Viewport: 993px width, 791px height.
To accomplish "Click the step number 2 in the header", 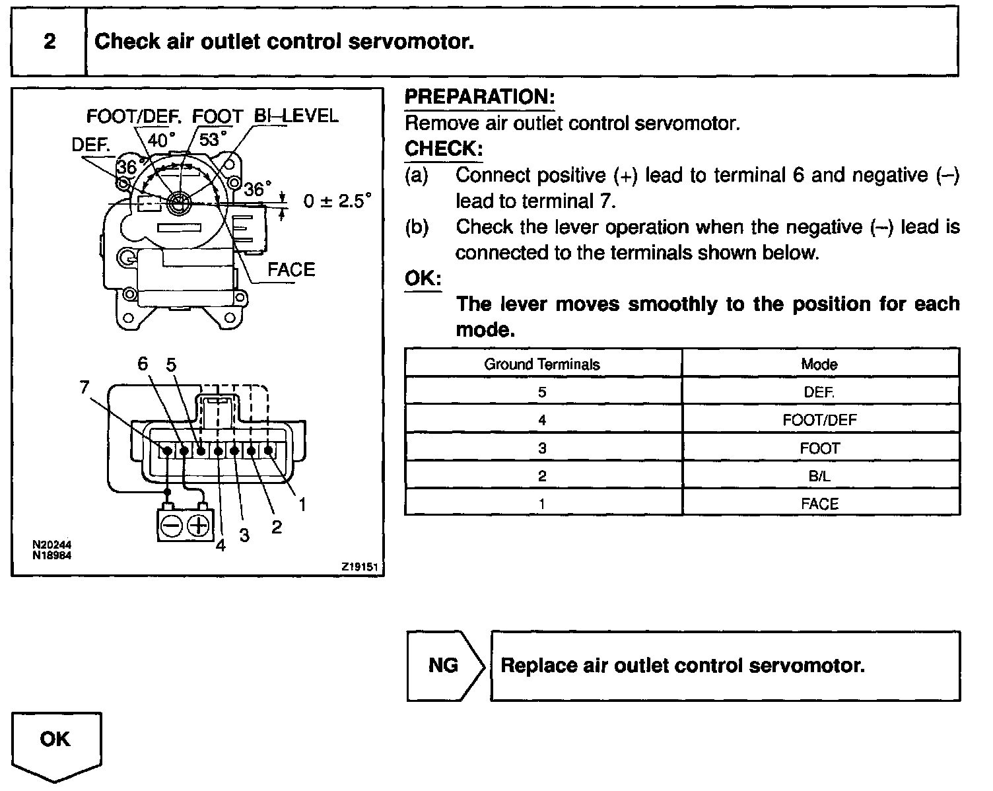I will point(50,42).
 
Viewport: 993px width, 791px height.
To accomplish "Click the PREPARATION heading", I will point(479,97).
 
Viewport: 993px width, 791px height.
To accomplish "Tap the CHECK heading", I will point(443,149).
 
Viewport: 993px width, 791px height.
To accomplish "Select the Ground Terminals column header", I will point(542,364).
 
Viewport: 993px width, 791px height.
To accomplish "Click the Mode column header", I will point(819,364).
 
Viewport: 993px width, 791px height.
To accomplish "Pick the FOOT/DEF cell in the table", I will point(819,420).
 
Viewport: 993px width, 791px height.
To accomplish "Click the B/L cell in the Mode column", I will point(819,476).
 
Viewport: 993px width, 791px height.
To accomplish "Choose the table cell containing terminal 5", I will point(542,392).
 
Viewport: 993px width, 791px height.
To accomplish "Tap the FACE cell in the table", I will point(819,504).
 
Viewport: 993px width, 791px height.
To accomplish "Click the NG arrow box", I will point(444,666).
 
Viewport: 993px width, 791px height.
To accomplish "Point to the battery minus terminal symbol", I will point(172,526).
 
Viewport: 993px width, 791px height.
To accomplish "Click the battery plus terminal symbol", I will point(198,526).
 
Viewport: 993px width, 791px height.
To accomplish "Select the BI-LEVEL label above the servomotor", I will point(296,116).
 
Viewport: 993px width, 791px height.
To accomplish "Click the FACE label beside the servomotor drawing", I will point(291,269).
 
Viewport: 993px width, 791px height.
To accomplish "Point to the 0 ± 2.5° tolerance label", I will point(337,201).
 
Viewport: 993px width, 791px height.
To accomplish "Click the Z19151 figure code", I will point(361,567).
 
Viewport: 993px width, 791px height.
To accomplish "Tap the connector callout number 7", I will point(85,388).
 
